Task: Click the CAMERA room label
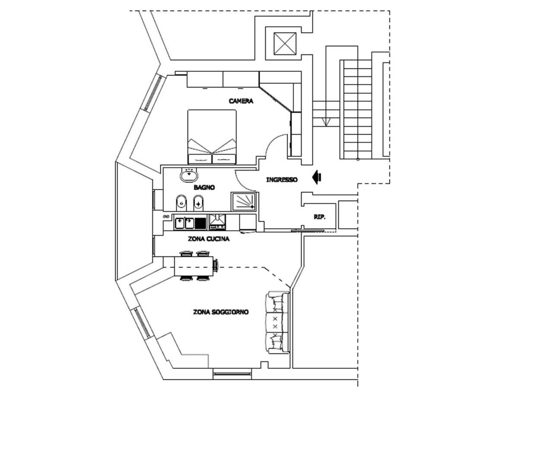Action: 241,101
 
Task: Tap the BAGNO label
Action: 204,187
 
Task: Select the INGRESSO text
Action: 282,179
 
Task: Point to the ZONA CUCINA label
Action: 209,239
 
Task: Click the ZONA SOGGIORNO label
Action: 221,312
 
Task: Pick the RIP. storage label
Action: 320,217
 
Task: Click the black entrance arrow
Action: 317,178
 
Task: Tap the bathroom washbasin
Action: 189,175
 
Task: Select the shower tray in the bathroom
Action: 243,201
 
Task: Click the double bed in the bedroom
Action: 212,137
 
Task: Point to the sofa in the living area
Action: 277,323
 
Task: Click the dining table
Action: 194,266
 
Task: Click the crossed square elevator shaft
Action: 285,44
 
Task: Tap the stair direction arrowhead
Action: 326,122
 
